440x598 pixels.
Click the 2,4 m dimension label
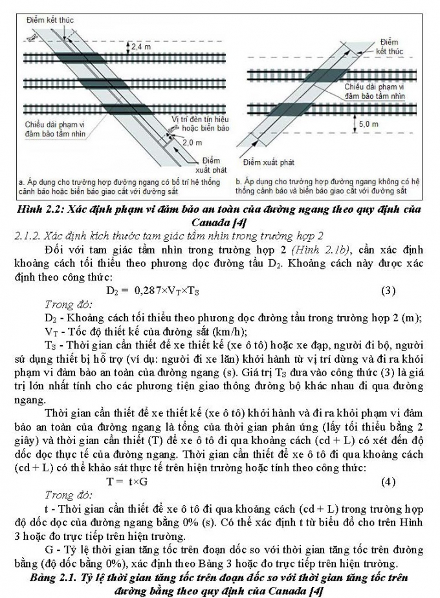pos(141,47)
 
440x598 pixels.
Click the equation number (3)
pos(388,290)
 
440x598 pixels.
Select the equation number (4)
pos(388,482)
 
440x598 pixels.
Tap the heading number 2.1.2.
pos(28,236)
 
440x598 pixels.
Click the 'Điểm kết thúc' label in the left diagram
pos(49,21)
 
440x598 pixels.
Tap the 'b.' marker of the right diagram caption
pos(239,182)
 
